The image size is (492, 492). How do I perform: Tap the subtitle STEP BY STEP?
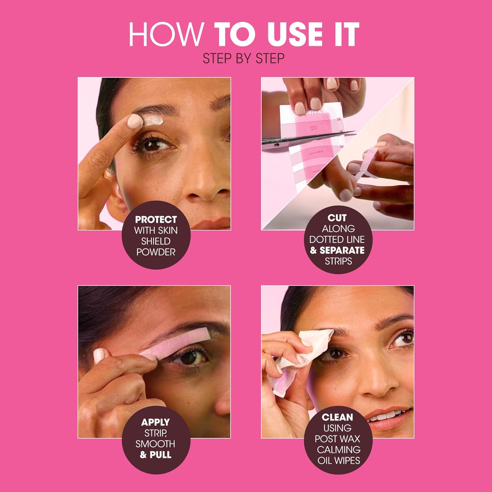(x=243, y=58)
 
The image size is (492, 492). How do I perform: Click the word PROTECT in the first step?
(x=156, y=219)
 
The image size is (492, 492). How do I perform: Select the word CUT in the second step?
(x=337, y=218)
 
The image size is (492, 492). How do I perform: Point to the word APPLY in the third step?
(x=155, y=422)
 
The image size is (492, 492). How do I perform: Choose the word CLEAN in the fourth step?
(x=337, y=417)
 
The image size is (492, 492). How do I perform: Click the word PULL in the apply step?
(x=160, y=455)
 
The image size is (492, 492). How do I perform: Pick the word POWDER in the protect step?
(x=156, y=252)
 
